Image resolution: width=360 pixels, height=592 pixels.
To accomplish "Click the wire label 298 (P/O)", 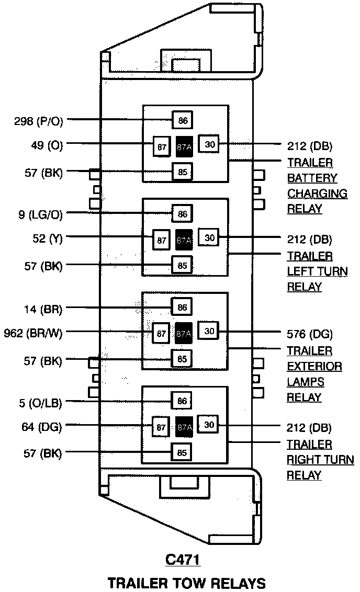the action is pyautogui.click(x=39, y=121).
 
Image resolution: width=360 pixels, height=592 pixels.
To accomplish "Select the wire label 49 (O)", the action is pyautogui.click(x=47, y=146).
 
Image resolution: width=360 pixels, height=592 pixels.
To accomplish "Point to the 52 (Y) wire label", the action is pyautogui.click(x=48, y=240).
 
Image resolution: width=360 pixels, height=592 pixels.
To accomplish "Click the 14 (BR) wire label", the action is pyautogui.click(x=42, y=309).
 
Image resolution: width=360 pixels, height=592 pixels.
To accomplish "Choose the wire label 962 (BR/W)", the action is pyautogui.click(x=33, y=334).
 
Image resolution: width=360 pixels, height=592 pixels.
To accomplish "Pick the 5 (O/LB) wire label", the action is pyautogui.click(x=39, y=403).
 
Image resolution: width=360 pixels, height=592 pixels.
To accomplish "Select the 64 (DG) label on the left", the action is pyautogui.click(x=42, y=428).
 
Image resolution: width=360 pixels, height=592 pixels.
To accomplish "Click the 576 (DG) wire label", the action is pyautogui.click(x=309, y=334).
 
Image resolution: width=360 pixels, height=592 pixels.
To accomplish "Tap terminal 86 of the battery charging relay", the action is pyautogui.click(x=183, y=121).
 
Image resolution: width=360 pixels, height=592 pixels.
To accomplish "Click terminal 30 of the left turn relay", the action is pyautogui.click(x=210, y=238).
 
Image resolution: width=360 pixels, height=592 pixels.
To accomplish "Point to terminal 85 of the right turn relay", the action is pyautogui.click(x=183, y=453).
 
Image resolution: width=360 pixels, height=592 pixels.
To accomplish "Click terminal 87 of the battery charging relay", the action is pyautogui.click(x=162, y=147).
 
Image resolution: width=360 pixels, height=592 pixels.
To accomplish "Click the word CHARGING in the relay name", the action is pyautogui.click(x=317, y=193).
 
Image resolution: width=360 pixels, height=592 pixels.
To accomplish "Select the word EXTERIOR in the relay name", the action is pyautogui.click(x=314, y=366).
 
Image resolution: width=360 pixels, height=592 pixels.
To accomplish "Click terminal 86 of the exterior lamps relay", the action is pyautogui.click(x=183, y=308).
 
